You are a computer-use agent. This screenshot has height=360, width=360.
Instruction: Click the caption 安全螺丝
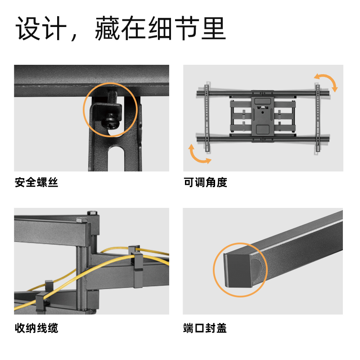36,183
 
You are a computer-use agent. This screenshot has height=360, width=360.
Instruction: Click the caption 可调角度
205,183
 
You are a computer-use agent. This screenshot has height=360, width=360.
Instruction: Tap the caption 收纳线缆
36,328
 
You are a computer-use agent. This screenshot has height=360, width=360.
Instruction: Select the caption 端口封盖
205,328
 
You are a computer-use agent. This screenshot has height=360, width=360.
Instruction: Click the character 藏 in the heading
108,28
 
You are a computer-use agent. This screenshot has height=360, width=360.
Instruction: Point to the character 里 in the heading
213,28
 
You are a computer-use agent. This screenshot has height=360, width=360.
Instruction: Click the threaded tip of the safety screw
112,98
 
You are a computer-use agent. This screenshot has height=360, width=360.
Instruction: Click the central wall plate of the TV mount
263,116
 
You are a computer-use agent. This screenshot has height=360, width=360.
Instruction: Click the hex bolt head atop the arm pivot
92,212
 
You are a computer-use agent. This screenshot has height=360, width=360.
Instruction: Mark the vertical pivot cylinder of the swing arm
81,278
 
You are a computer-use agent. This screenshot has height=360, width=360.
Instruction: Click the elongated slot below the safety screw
116,158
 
